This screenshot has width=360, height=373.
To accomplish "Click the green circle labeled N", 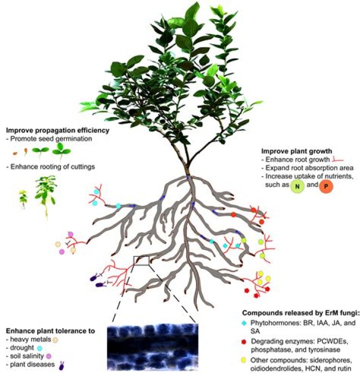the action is [x=297, y=186].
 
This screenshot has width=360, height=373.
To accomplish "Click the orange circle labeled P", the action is [x=326, y=186].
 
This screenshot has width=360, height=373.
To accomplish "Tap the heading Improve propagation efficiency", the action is [x=57, y=130].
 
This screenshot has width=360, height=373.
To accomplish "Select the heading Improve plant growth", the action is [x=296, y=151].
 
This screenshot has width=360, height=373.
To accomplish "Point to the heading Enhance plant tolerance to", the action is [x=50, y=331].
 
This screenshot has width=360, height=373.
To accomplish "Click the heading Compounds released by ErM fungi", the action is [x=300, y=313].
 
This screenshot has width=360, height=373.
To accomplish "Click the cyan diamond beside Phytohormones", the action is [x=243, y=323].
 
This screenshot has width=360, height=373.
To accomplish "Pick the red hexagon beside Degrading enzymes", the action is [x=243, y=342].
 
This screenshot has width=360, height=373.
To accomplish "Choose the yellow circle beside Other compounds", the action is [x=243, y=360].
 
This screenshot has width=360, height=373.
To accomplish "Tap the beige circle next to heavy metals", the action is [x=55, y=339].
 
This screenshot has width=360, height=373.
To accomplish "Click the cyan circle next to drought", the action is [x=39, y=348].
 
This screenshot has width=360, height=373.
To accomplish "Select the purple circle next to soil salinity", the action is [x=48, y=356].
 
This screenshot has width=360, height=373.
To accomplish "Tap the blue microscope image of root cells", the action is [x=152, y=346].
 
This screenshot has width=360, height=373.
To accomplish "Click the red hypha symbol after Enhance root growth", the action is [x=338, y=159].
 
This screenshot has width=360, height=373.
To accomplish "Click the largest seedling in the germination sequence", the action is [x=61, y=152].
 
